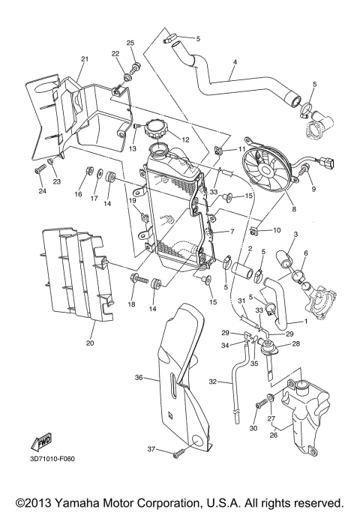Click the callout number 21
84,59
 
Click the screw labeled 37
178,454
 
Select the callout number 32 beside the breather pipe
213,382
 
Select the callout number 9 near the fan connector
313,189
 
